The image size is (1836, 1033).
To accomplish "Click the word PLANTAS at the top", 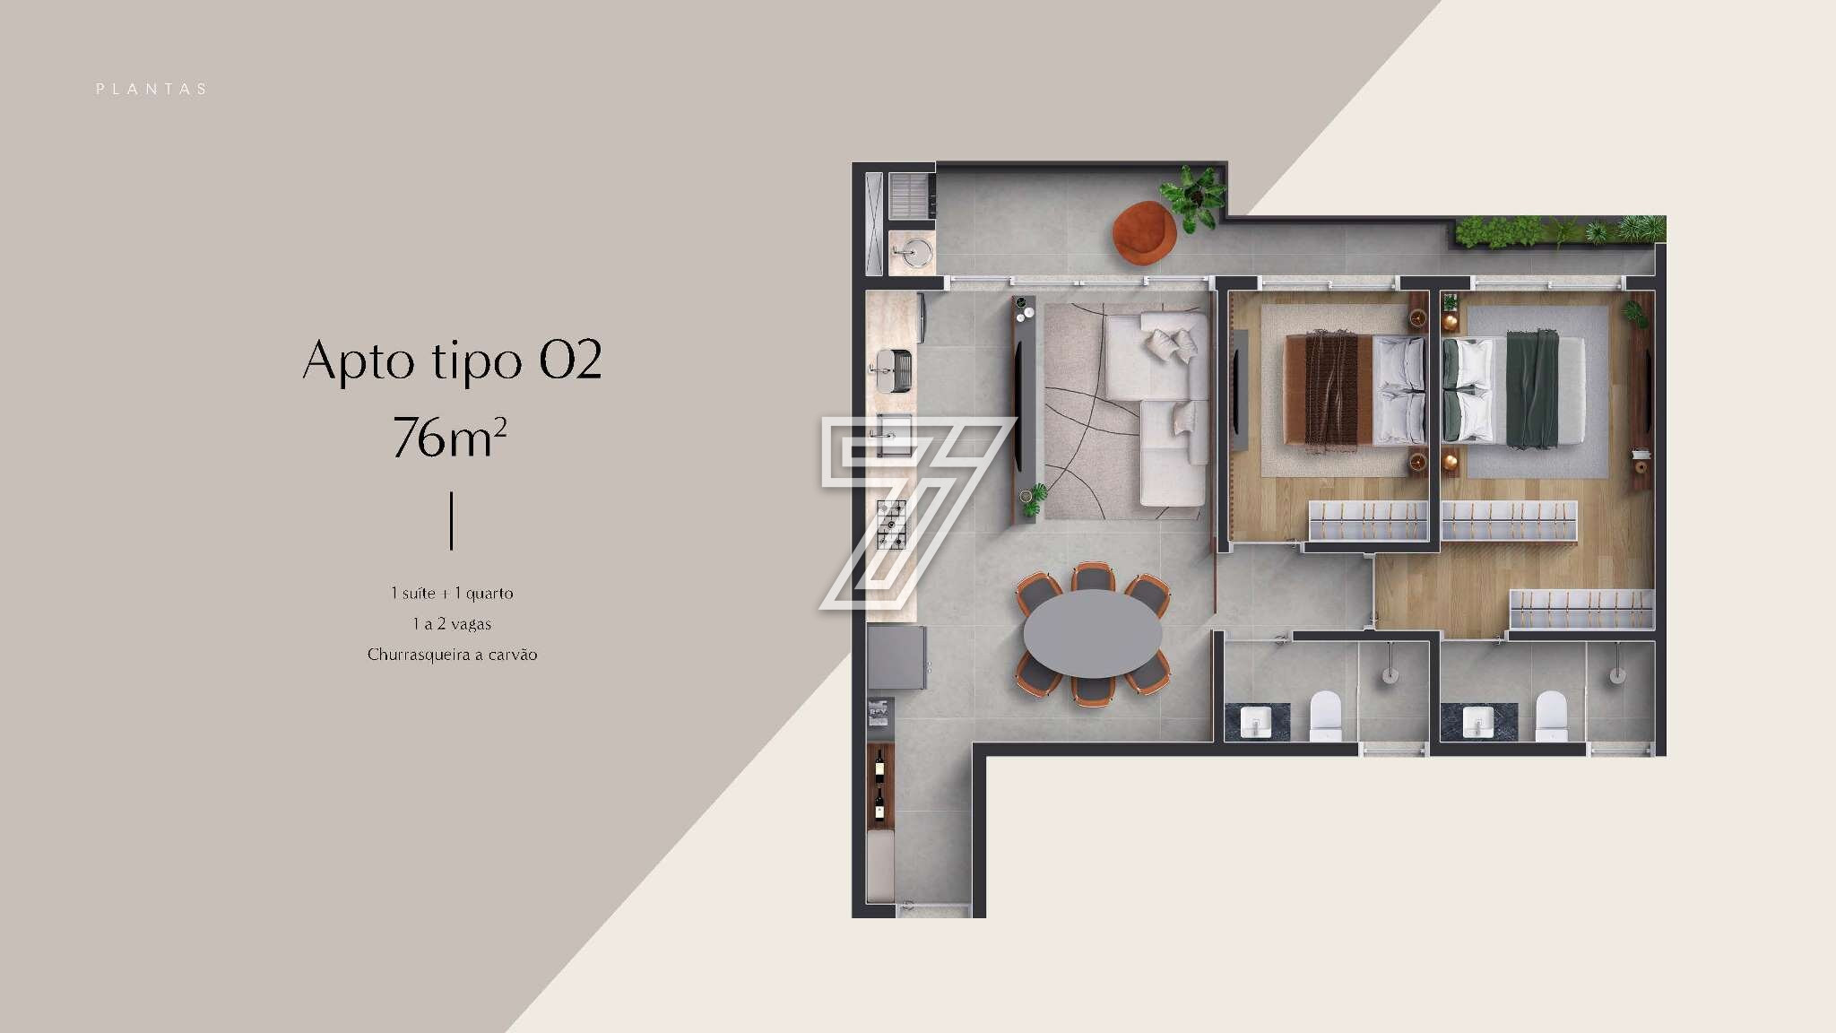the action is [x=152, y=89].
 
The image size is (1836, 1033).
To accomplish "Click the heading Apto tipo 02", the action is [x=452, y=360].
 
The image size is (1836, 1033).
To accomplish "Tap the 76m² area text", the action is [x=450, y=437].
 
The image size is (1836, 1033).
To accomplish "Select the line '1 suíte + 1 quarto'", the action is [x=452, y=593].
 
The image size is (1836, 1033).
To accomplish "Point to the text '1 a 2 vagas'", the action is [x=452, y=623].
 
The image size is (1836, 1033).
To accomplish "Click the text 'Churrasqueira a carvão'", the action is [x=452, y=655].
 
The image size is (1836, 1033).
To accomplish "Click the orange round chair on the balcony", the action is [x=1144, y=233].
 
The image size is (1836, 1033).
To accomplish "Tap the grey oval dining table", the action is [x=1093, y=633].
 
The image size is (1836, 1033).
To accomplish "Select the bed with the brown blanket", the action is [x=1355, y=389].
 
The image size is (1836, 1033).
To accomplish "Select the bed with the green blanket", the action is [x=1513, y=391].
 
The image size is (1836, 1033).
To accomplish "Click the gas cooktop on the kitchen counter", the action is [x=891, y=525].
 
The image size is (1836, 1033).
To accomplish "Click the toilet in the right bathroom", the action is [x=1551, y=715].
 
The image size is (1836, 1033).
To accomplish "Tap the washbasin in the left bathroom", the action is [x=1257, y=721].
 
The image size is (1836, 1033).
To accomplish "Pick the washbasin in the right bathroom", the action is [x=1477, y=721].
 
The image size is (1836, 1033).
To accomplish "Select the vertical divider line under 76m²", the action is [x=451, y=520].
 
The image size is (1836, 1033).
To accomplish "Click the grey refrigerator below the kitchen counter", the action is [x=897, y=657].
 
